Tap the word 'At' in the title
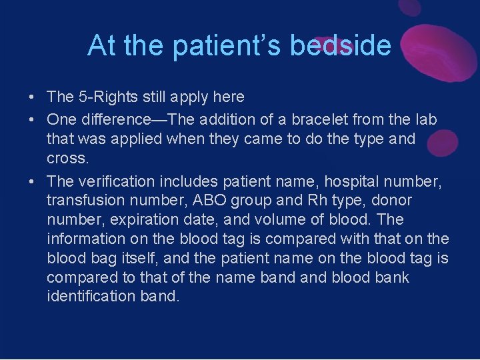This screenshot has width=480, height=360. (102, 45)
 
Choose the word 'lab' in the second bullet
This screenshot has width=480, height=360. (424, 120)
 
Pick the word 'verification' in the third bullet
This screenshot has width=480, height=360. (113, 181)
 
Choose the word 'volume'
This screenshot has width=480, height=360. (272, 220)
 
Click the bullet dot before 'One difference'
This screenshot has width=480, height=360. (32, 120)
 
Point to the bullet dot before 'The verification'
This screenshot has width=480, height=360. (32, 181)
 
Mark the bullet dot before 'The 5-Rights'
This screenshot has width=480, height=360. (32, 97)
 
